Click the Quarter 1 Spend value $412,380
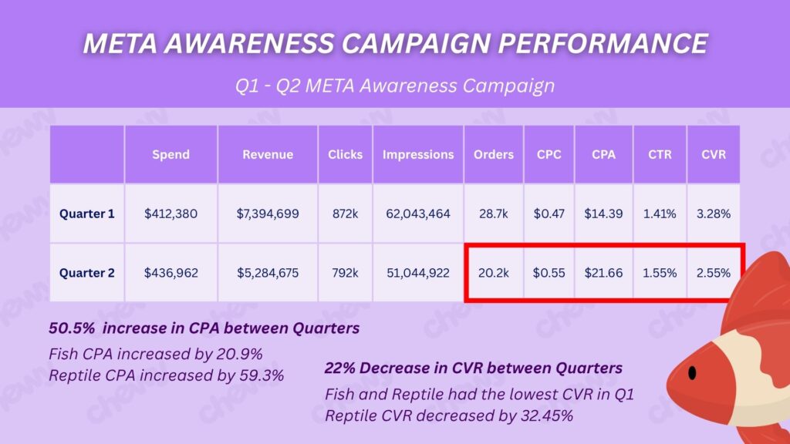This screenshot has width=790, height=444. pyautogui.click(x=170, y=214)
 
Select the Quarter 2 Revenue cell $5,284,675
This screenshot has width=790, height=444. pyautogui.click(x=268, y=272)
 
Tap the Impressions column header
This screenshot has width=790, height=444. pyautogui.click(x=418, y=154)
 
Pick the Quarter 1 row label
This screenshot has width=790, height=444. pyautogui.click(x=87, y=214)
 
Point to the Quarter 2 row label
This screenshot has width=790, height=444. pyautogui.click(x=87, y=272)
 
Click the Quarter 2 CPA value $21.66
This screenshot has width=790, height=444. pyautogui.click(x=603, y=272)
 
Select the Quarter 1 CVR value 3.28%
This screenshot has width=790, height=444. pyautogui.click(x=714, y=214)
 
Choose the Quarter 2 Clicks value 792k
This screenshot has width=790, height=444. pyautogui.click(x=345, y=272)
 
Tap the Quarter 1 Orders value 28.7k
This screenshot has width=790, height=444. pyautogui.click(x=494, y=214)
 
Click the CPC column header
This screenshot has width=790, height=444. pyautogui.click(x=549, y=154)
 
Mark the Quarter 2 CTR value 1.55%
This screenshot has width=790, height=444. pyautogui.click(x=660, y=272)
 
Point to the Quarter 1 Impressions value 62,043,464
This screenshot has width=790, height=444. pyautogui.click(x=418, y=214)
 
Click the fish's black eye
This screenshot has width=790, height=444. pyautogui.click(x=692, y=373)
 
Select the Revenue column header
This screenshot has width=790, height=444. pyautogui.click(x=268, y=154)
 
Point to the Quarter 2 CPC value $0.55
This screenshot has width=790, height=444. pyautogui.click(x=549, y=272)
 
